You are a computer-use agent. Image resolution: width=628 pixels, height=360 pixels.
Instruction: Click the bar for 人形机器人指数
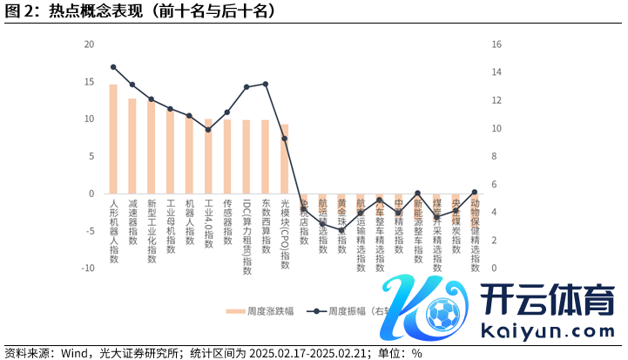[x=113, y=139]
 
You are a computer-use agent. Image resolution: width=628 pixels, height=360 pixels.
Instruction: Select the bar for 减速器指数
[x=132, y=146]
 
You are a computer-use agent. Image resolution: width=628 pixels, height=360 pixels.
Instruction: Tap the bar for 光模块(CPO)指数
[x=284, y=160]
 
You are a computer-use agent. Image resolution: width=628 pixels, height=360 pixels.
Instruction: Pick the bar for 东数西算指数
[x=265, y=157]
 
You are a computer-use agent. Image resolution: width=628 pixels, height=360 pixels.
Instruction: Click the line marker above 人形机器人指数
[x=113, y=67]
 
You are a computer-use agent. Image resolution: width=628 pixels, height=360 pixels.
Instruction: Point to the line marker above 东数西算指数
[x=265, y=84]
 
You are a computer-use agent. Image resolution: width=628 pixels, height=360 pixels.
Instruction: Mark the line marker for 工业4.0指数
[x=208, y=130]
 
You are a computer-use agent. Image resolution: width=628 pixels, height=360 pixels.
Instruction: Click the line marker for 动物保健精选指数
[x=474, y=192]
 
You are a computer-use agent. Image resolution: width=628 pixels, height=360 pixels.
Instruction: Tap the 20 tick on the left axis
[x=89, y=44]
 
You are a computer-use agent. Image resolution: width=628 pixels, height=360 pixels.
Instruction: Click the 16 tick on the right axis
[x=497, y=44]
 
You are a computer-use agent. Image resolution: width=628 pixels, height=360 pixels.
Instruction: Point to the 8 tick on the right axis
[x=495, y=156]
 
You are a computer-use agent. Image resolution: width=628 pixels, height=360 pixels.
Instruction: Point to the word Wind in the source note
[x=75, y=353]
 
